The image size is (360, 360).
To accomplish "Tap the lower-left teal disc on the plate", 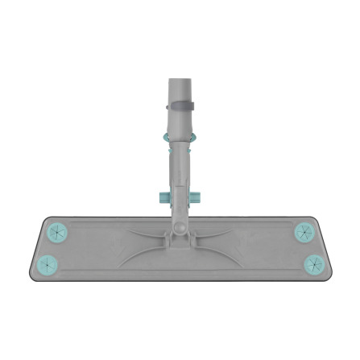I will point(48,263).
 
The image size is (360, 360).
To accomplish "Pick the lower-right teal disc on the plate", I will point(312,263).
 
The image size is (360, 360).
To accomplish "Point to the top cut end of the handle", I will point(181,79).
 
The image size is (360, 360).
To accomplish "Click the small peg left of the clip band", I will point(168,106).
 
